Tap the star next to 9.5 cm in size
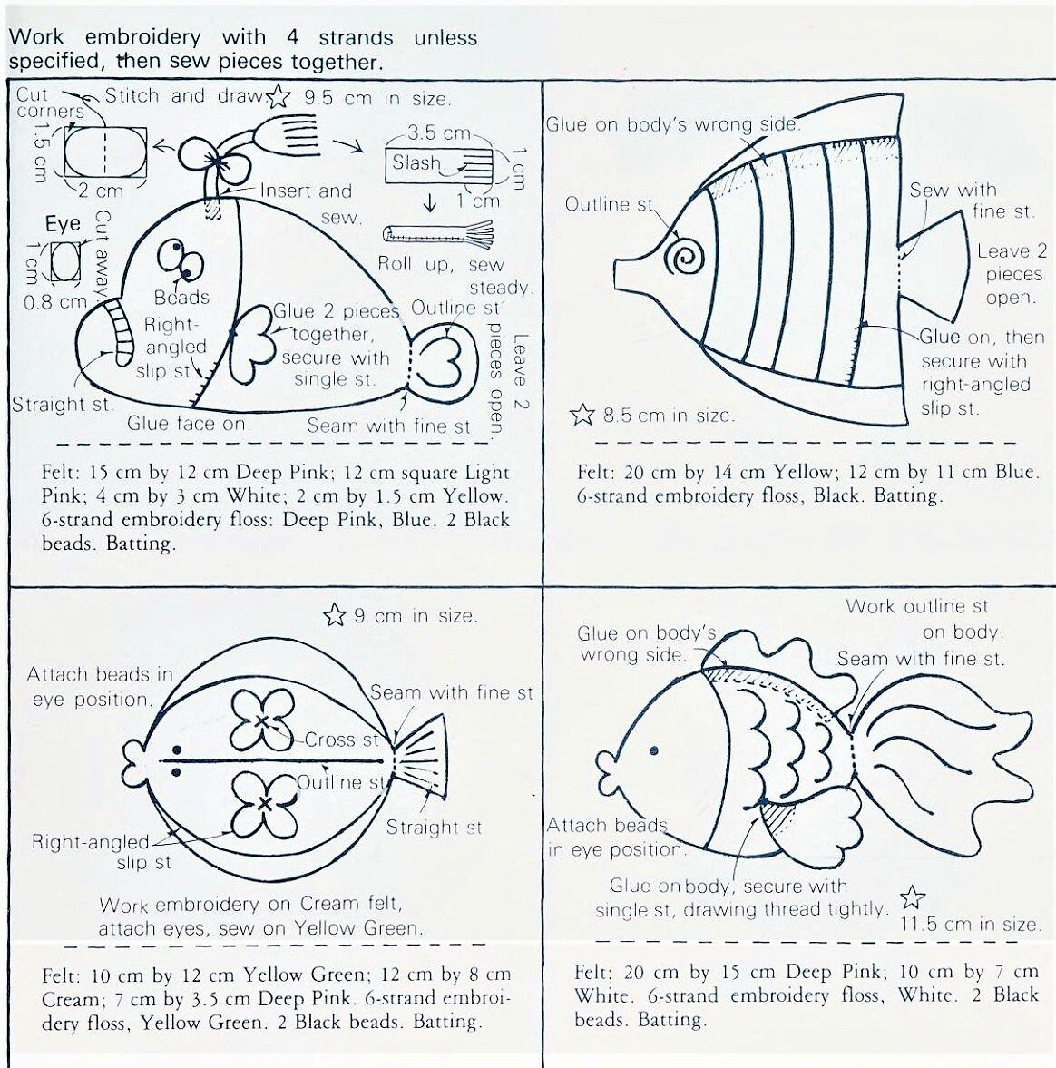[x=279, y=96]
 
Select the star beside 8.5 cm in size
[x=582, y=416]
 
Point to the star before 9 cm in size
[x=335, y=616]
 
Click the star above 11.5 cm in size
[x=912, y=898]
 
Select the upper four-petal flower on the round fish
[x=261, y=720]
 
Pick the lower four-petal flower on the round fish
[x=263, y=804]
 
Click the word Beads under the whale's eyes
[x=181, y=298]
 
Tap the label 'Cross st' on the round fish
[x=342, y=740]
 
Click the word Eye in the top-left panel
[x=63, y=224]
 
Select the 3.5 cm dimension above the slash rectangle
[x=432, y=133]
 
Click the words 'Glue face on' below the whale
[x=189, y=424]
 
